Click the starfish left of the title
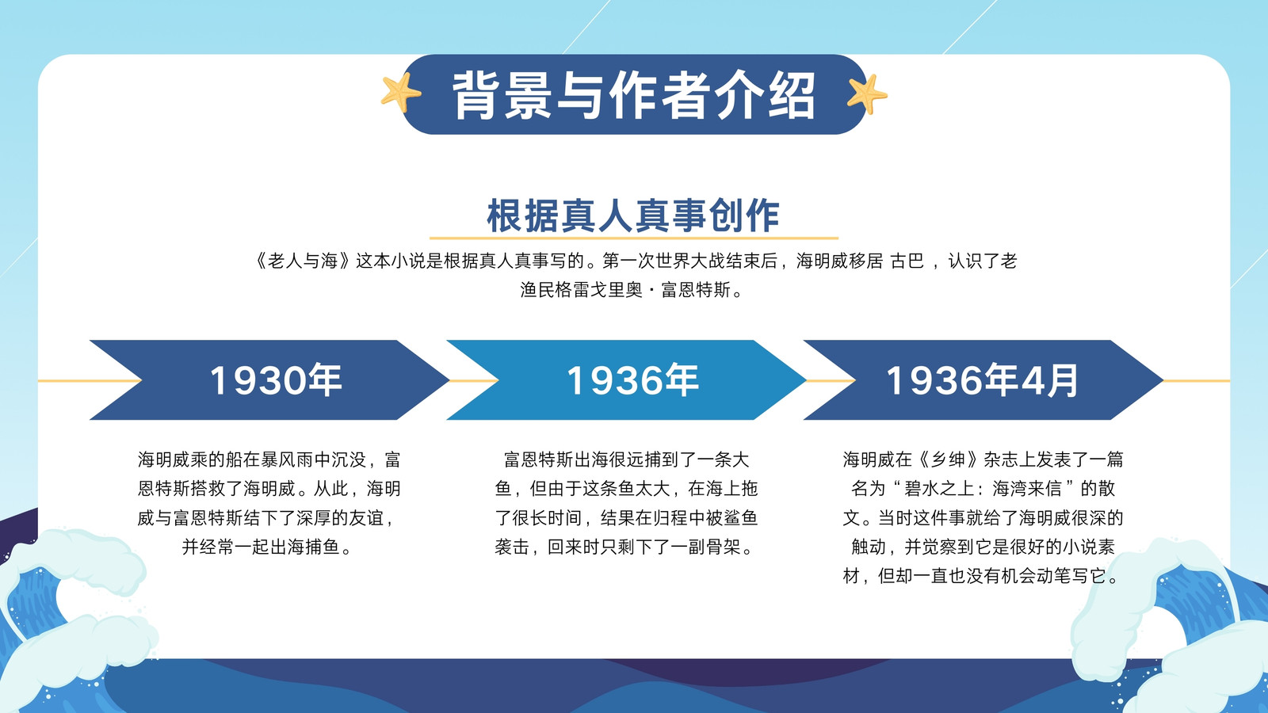pyautogui.click(x=400, y=93)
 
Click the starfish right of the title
pyautogui.click(x=867, y=94)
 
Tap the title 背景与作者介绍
pyautogui.click(x=634, y=95)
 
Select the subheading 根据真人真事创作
pyautogui.click(x=633, y=215)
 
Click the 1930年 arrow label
pyautogui.click(x=276, y=379)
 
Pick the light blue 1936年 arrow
pyautogui.click(x=626, y=379)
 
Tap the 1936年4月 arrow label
pyautogui.click(x=982, y=379)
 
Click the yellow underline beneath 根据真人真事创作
pyautogui.click(x=633, y=238)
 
